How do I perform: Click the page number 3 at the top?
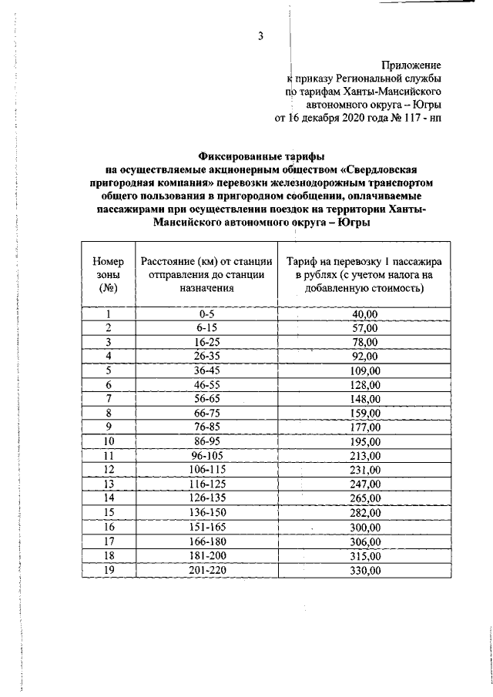(261, 35)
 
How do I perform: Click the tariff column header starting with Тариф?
(365, 274)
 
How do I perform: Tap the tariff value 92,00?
(365, 356)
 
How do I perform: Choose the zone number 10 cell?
(109, 441)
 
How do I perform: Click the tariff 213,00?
(365, 455)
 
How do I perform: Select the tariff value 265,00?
(365, 498)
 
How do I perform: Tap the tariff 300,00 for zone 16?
(365, 527)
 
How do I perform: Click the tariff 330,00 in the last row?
(365, 570)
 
